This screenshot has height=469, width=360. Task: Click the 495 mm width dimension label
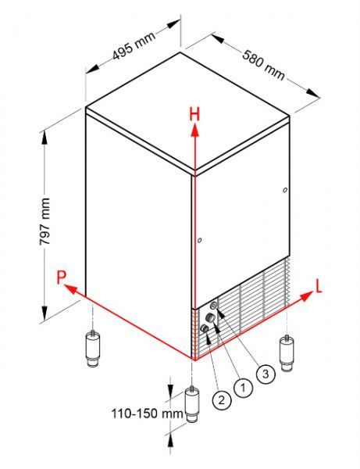tap(134, 45)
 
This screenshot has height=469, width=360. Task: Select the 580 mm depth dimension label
tap(263, 65)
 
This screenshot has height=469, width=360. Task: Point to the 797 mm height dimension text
tap(45, 221)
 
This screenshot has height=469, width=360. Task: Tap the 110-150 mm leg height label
tap(147, 414)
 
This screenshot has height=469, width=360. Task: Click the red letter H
tap(194, 114)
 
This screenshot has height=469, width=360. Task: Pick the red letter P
tap(61, 277)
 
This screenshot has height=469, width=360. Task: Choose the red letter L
tap(319, 287)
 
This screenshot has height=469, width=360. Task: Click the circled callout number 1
tap(243, 388)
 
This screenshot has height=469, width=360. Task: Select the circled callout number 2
tap(221, 399)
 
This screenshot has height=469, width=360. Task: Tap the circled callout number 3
tap(266, 374)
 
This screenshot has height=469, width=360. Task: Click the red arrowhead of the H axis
tap(194, 131)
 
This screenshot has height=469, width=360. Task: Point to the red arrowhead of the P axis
tap(70, 288)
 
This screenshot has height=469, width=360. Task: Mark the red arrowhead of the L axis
tap(306, 296)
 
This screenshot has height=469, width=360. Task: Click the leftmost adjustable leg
tap(93, 348)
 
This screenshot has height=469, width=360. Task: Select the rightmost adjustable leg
tap(287, 353)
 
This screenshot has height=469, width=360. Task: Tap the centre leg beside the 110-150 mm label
tap(192, 404)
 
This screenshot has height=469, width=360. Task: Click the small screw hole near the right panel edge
tap(285, 190)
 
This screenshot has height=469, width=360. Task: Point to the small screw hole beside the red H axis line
tap(200, 240)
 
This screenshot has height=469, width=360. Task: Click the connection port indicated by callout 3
tap(214, 306)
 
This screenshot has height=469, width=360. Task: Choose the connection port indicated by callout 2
tap(204, 328)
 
